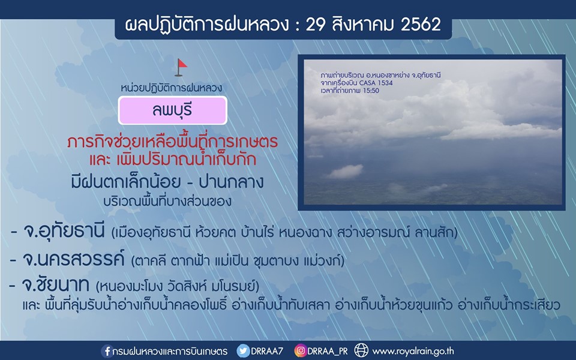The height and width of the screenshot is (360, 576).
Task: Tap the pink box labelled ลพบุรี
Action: pyautogui.click(x=173, y=110)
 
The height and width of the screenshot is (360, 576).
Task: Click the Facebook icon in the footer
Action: pyautogui.click(x=107, y=351)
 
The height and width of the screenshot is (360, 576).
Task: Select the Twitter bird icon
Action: pyautogui.click(x=243, y=351)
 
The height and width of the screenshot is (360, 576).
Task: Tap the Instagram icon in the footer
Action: pyautogui.click(x=300, y=351)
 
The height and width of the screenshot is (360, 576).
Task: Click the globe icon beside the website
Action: pyautogui.click(x=361, y=351)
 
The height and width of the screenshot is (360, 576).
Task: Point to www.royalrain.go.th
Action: pyautogui.click(x=413, y=352)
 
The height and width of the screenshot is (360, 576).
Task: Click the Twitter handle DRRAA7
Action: pyautogui.click(x=267, y=351)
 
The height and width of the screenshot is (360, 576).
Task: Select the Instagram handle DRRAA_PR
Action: pyautogui.click(x=328, y=352)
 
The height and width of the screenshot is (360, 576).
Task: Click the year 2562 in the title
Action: pyautogui.click(x=421, y=25)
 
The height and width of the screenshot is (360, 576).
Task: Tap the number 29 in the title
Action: pyautogui.click(x=316, y=25)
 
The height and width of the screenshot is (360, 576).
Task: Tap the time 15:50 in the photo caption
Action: pyautogui.click(x=371, y=91)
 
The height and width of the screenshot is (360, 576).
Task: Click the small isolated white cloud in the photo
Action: pyautogui.click(x=346, y=171)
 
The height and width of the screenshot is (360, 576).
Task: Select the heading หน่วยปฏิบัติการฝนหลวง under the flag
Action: pyautogui.click(x=172, y=88)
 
